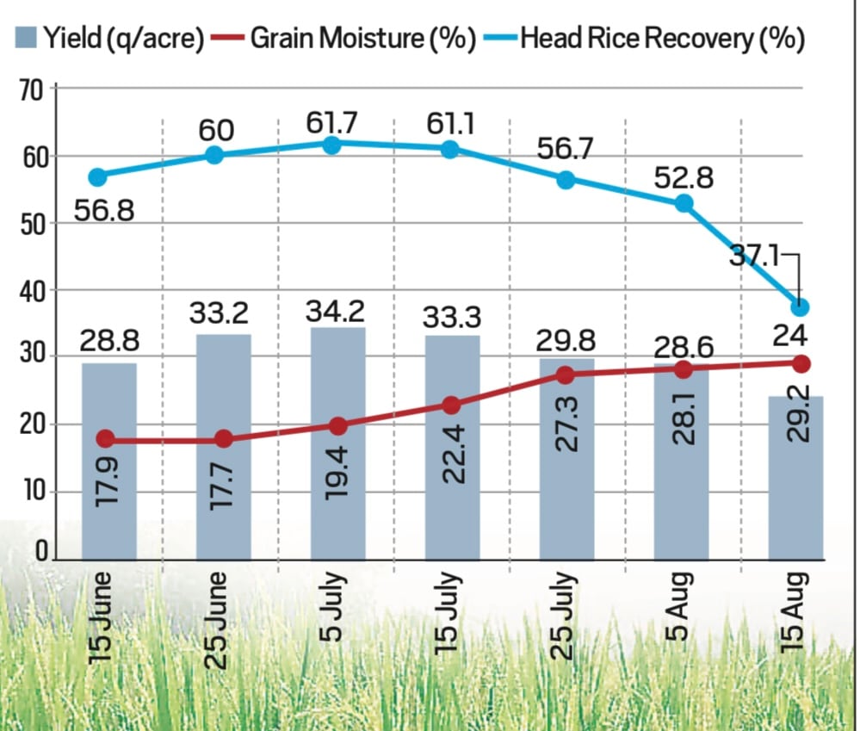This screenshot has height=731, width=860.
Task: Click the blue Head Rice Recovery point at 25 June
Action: point(215,155)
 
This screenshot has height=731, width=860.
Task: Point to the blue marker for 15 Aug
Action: point(801,307)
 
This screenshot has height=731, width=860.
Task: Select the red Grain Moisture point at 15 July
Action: point(452,405)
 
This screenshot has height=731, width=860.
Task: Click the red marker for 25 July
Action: point(566,375)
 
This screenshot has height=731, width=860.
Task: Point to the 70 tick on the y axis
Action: point(31,89)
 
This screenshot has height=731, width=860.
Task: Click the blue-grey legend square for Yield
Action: point(26,39)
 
